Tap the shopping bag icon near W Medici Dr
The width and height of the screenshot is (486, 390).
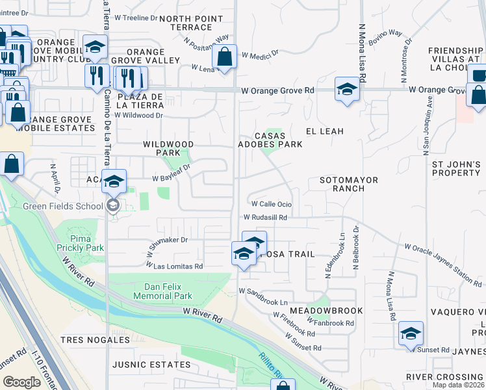point(224,58)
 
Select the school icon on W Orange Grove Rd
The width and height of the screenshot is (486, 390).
point(347,90)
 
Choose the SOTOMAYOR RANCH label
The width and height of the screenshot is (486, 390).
point(348,184)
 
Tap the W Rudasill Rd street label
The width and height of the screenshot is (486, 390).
point(265,218)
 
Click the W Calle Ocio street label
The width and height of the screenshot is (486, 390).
point(271,204)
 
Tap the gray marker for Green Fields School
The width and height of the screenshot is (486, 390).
point(113,206)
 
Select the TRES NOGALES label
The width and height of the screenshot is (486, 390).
point(96,340)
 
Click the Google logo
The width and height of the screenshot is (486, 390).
point(22,382)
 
